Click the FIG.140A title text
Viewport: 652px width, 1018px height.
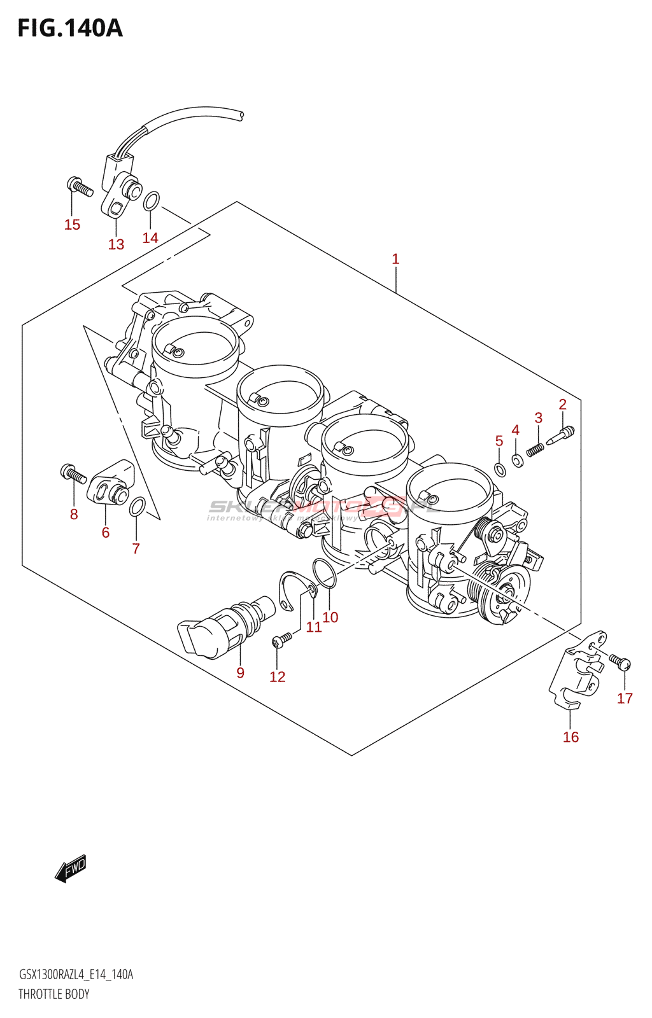point(69,29)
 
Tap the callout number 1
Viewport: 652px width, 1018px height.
point(395,259)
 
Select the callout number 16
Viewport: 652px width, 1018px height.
point(570,737)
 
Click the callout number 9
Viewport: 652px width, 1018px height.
point(240,673)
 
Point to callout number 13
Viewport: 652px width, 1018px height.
point(116,244)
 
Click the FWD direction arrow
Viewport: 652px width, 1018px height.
point(71,868)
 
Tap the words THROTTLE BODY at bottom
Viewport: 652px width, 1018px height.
point(54,994)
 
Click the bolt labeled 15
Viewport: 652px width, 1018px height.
point(80,186)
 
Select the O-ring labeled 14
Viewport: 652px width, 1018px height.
point(151,201)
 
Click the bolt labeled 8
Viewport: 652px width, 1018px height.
point(73,473)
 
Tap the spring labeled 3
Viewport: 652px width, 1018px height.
point(535,449)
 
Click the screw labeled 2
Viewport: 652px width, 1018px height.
point(560,435)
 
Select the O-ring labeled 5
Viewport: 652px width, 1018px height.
point(500,470)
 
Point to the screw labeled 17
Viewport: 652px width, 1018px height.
point(620,662)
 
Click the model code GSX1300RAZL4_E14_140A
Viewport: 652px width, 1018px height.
point(76,975)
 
